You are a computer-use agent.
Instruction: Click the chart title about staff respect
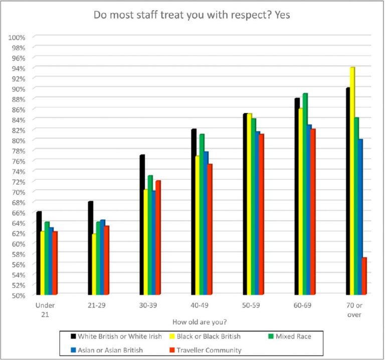pyautogui.click(x=192, y=16)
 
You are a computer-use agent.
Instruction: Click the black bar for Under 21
pyautogui.click(x=39, y=253)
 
